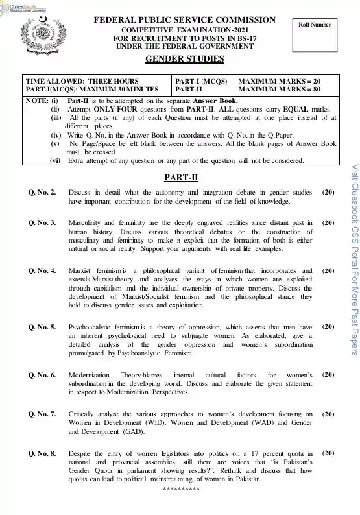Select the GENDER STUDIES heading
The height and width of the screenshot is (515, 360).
pyautogui.click(x=184, y=60)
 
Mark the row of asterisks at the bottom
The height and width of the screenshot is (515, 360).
pyautogui.click(x=181, y=505)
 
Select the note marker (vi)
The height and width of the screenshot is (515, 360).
pyautogui.click(x=56, y=160)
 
